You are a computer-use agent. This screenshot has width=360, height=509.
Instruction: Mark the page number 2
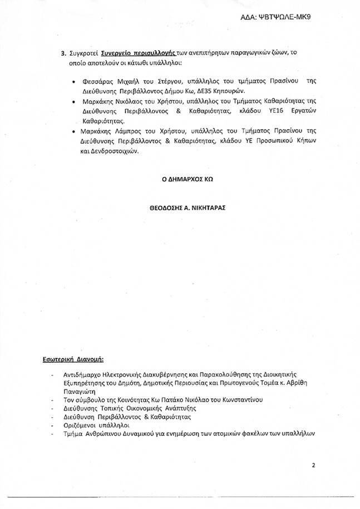coord(314,465)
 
